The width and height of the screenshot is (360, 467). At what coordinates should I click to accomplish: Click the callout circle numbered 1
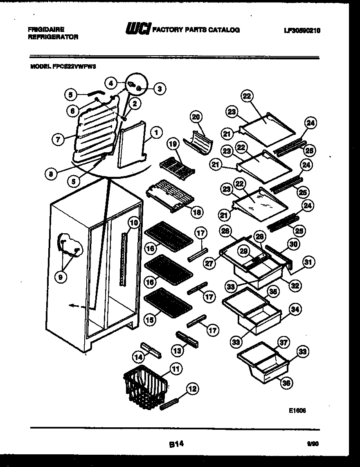(x=156, y=132)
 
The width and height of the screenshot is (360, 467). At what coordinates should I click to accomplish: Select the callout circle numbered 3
(x=160, y=88)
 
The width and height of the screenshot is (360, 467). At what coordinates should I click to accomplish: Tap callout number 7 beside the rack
(x=58, y=139)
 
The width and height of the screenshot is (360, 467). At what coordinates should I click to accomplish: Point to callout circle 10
(x=133, y=223)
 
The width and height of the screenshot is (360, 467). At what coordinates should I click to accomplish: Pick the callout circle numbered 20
(x=197, y=117)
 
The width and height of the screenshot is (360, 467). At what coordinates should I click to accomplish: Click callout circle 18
(x=197, y=212)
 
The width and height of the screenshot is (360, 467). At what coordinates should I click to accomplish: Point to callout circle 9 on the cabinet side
(x=61, y=277)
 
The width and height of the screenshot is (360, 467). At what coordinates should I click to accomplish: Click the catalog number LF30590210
(x=301, y=30)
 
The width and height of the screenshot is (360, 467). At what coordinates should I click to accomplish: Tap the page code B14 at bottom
(x=175, y=443)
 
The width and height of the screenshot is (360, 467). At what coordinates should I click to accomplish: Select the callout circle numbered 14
(x=139, y=357)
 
